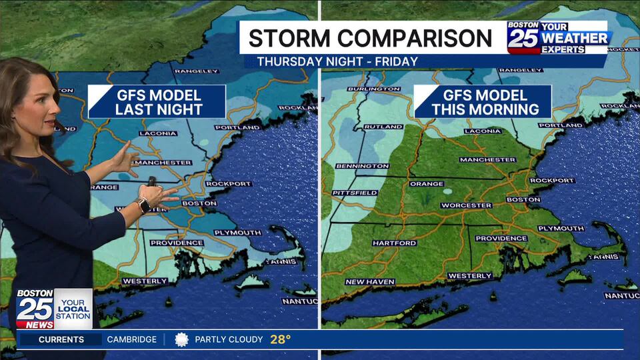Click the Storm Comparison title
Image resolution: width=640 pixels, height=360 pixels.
370,38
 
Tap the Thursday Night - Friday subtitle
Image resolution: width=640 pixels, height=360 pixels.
337,61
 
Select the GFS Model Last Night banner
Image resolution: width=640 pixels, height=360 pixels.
158,102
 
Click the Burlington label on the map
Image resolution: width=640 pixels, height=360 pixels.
374,89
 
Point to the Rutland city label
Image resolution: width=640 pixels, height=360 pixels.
383,127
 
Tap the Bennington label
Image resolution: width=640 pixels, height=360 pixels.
362,166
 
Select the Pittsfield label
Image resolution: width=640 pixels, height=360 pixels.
355,193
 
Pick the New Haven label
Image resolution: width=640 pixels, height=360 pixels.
369,282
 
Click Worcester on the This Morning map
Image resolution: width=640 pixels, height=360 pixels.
467,205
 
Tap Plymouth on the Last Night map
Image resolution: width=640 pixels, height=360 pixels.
238,233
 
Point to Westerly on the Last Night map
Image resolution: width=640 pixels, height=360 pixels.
144,281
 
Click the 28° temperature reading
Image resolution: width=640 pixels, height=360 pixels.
280,339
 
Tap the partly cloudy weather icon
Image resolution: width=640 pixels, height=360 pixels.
181,339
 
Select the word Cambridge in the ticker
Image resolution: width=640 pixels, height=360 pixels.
131,339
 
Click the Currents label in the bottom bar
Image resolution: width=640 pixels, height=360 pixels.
61,339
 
